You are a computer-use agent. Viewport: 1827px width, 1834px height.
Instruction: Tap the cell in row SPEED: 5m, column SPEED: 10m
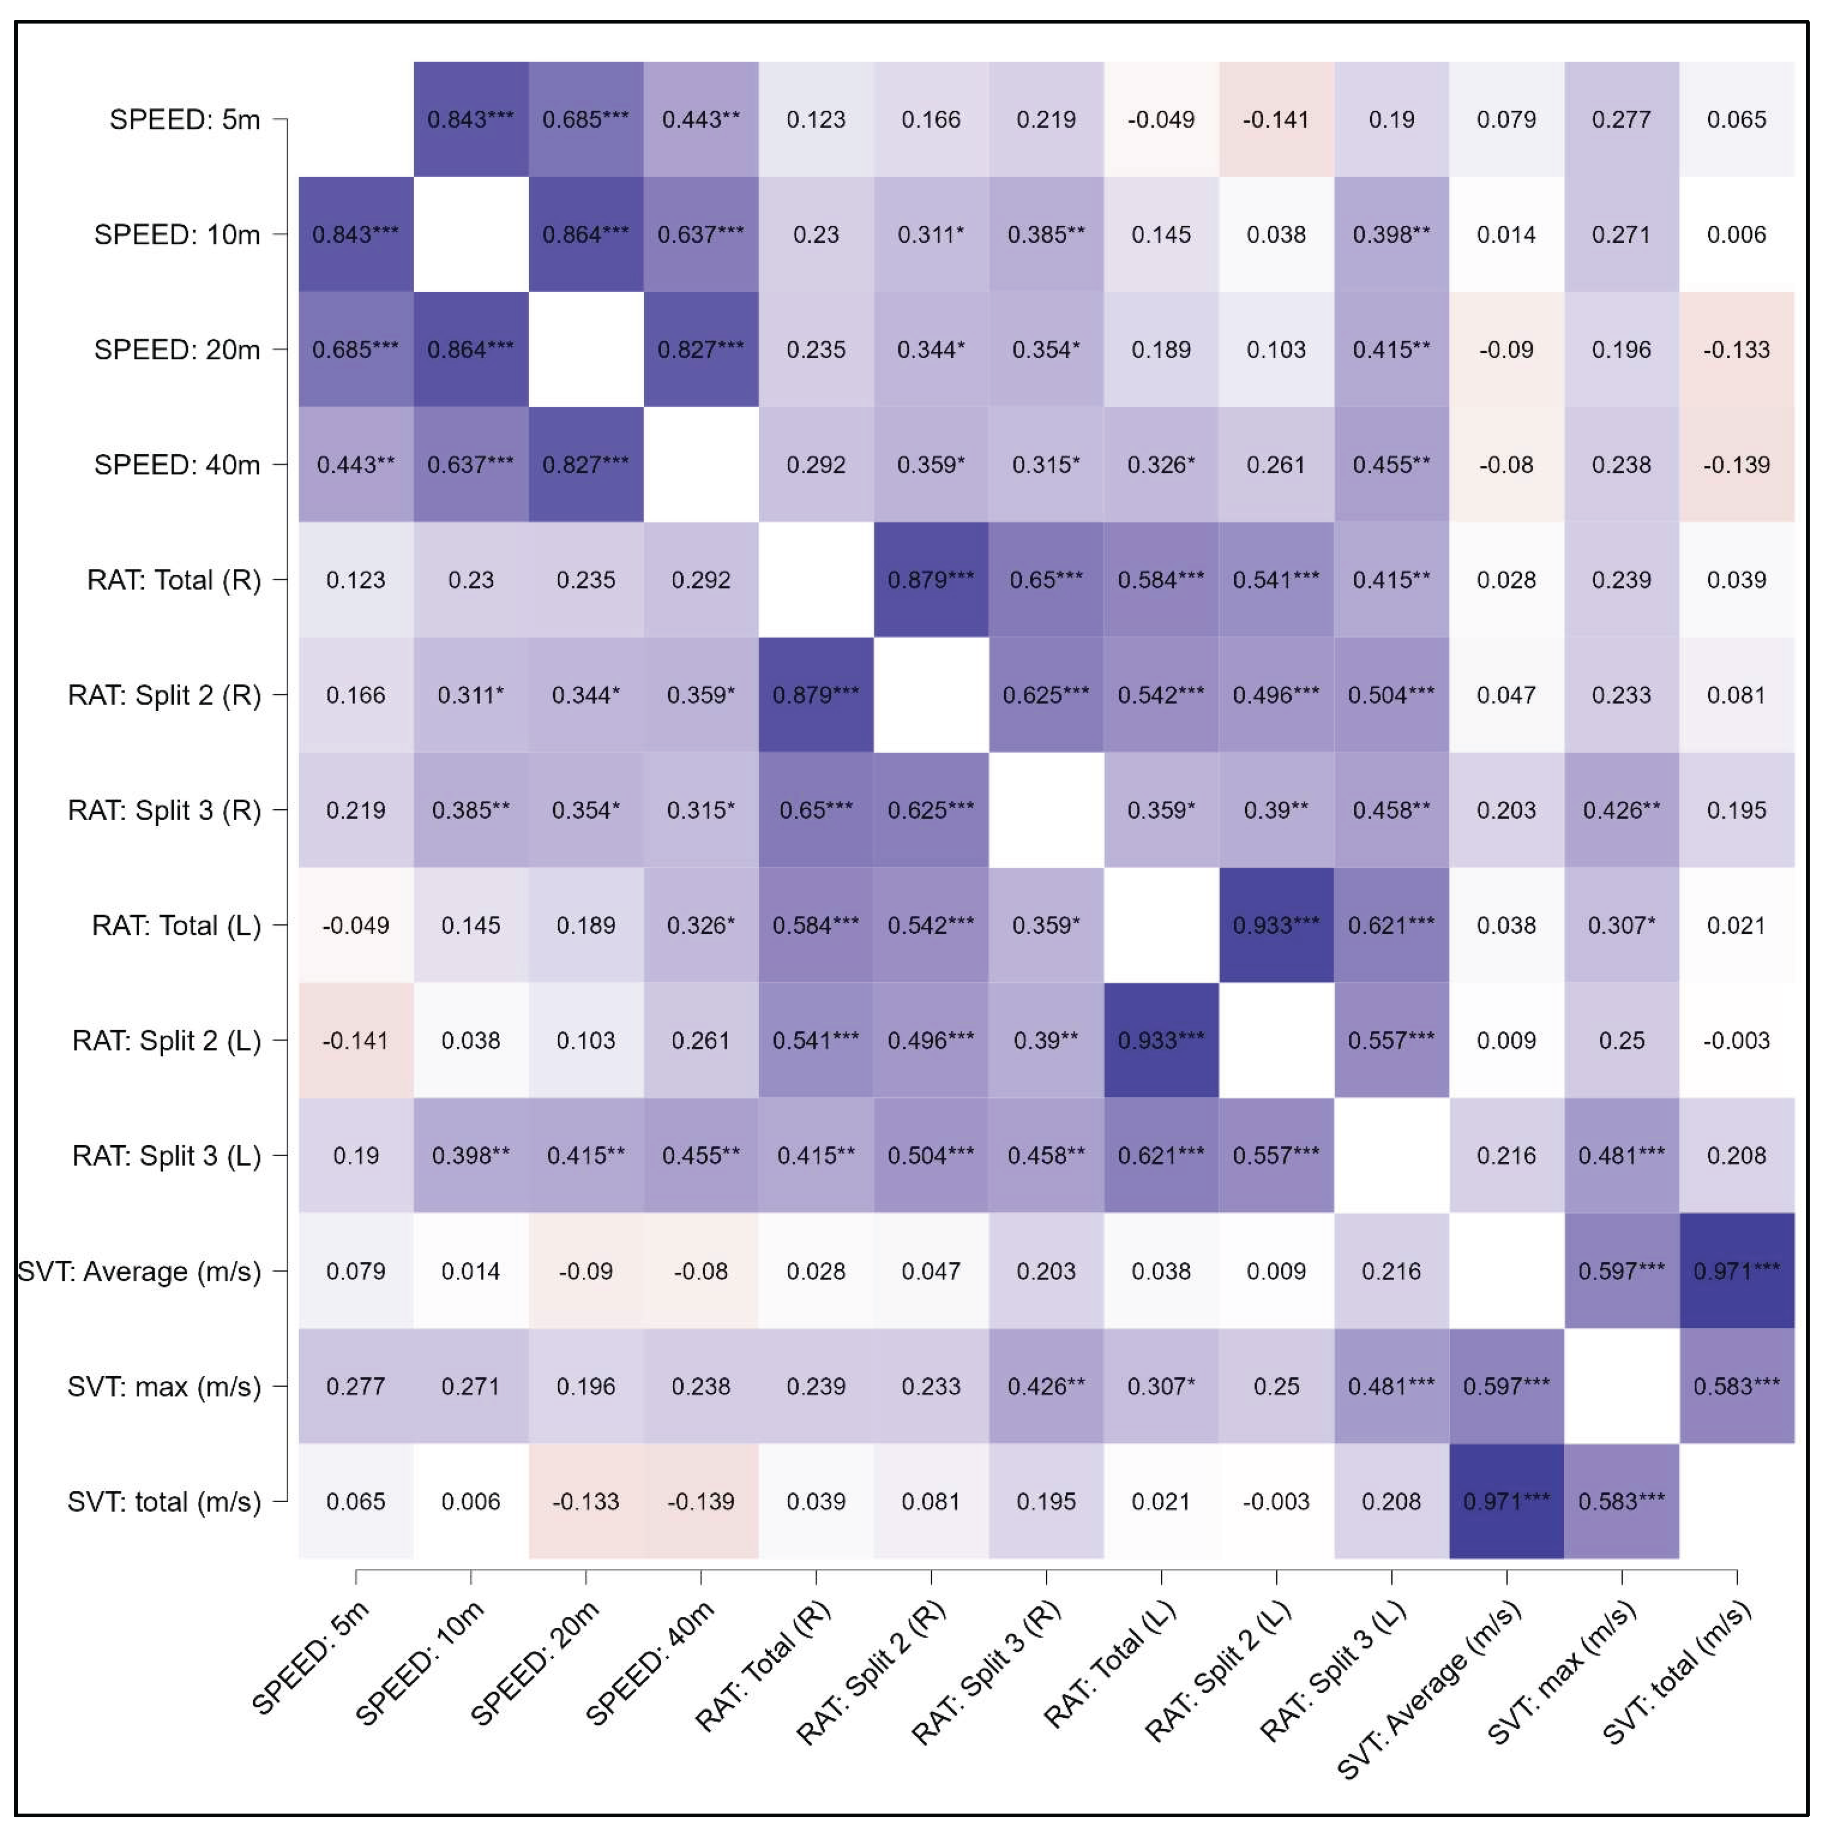click(471, 120)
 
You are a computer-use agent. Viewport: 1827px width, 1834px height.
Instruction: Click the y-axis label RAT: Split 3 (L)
click(166, 1155)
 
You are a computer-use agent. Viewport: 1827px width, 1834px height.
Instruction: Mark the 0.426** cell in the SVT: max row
click(1046, 1386)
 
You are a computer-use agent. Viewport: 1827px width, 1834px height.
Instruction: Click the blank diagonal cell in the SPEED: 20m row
click(585, 349)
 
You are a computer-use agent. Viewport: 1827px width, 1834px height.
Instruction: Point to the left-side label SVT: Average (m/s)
click(140, 1271)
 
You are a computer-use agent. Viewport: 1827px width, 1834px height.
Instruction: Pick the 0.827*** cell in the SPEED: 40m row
click(585, 464)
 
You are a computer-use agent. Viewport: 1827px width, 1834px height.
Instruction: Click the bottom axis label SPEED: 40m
click(650, 1661)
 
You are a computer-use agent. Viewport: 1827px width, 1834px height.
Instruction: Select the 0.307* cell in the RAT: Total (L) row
click(1621, 925)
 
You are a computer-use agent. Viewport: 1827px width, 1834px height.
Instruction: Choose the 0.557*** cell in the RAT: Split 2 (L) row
click(1391, 1041)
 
